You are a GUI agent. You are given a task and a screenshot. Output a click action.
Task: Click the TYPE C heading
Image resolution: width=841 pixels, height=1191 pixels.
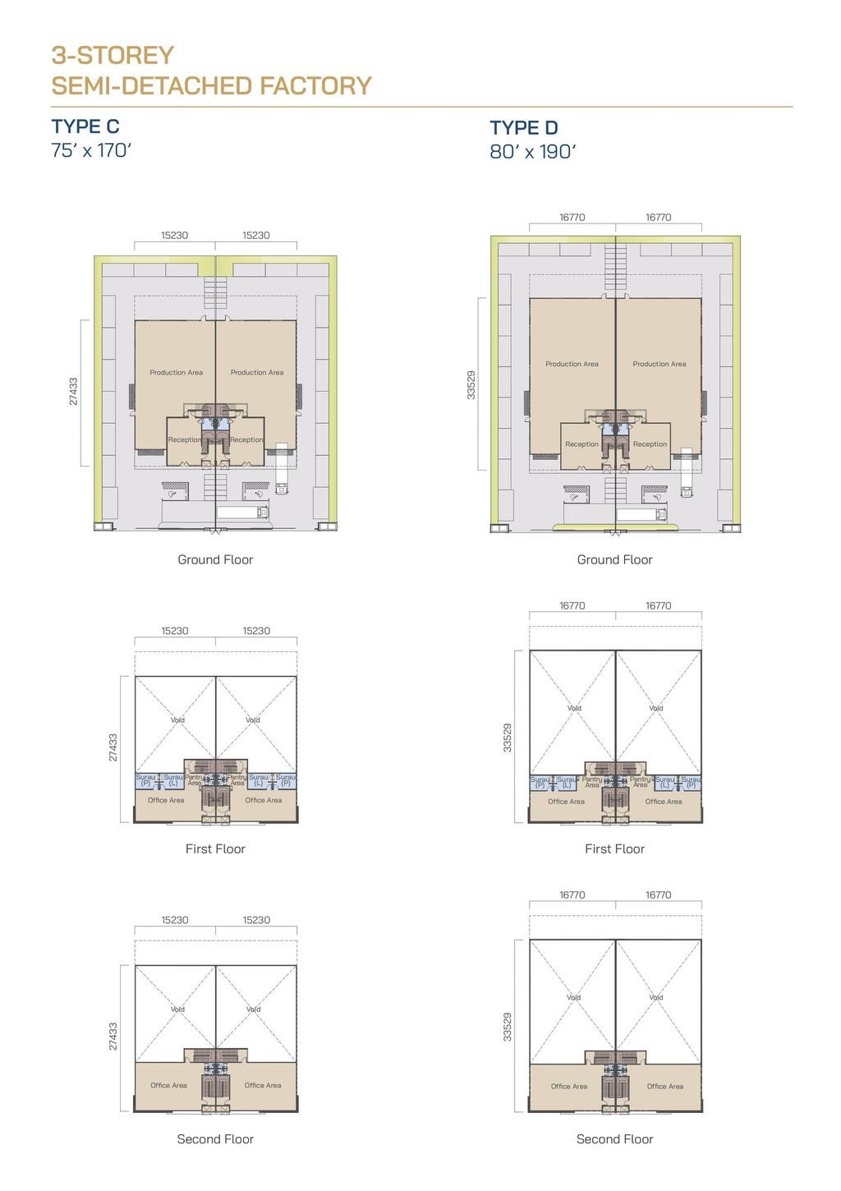coord(85,126)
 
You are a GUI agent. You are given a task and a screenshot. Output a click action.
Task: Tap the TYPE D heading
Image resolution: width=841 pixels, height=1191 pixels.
coord(524,128)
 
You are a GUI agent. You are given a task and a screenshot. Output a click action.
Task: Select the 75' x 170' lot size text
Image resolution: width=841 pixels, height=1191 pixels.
coord(91,150)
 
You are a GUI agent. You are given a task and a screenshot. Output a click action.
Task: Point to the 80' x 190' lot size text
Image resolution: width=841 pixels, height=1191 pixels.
coord(533,152)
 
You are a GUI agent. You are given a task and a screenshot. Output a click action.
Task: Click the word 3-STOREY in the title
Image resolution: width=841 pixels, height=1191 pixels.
coord(113,55)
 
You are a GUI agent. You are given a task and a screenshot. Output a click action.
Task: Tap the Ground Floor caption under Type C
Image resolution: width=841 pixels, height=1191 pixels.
coord(215,559)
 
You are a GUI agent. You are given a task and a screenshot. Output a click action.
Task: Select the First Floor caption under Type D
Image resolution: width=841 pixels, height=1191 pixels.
coord(614,848)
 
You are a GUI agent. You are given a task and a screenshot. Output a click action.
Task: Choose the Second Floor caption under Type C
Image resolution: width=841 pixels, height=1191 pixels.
coord(215,1138)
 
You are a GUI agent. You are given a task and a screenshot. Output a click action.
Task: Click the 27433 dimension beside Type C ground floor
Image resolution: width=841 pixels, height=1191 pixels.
coord(73,392)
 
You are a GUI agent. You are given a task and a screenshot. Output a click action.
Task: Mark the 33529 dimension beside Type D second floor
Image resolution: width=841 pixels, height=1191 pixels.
coord(507,1027)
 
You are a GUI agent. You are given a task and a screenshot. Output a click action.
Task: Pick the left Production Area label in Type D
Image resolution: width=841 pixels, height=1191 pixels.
coord(572,364)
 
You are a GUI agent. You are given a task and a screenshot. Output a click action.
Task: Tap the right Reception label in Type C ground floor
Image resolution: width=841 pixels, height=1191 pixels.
coord(246,439)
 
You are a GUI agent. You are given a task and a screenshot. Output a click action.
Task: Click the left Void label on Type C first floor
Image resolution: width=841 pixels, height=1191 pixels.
coord(177,720)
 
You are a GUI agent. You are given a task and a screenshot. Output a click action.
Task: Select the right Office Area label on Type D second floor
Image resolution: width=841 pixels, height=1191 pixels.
coord(664,1086)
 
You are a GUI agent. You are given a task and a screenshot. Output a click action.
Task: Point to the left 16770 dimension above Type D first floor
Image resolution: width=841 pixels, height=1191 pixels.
coord(572,605)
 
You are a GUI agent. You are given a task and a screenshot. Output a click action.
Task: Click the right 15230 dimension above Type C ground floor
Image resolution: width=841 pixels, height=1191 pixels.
coord(255,235)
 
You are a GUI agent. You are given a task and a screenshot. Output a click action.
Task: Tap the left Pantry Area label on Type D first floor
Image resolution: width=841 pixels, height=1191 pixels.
coord(592,782)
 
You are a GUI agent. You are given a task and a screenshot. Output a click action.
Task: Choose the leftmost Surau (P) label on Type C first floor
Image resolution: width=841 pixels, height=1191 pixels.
coord(145,779)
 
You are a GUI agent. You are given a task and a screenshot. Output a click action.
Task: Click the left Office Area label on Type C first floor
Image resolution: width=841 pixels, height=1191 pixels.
coord(166,800)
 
